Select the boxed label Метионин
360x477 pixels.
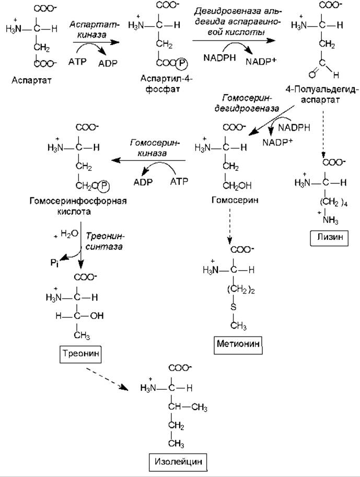[238, 344]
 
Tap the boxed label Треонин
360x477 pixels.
[80, 353]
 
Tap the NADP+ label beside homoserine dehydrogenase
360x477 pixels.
[277, 142]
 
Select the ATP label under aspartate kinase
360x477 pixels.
[76, 62]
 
